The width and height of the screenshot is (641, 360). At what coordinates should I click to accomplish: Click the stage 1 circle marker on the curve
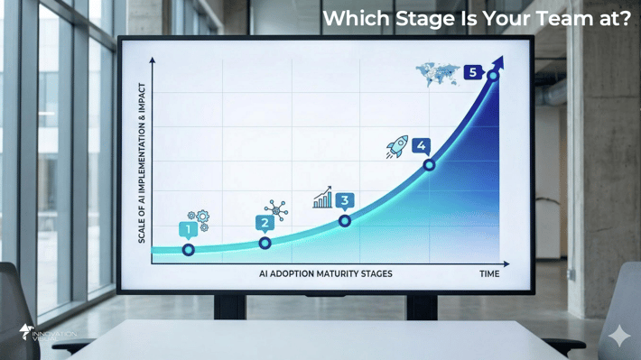tap(188, 250)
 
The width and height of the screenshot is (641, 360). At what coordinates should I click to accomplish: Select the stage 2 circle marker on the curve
tap(265, 244)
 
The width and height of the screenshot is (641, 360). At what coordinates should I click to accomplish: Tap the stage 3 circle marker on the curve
tap(345, 221)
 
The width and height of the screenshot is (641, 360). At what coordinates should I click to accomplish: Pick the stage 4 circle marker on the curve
tap(429, 165)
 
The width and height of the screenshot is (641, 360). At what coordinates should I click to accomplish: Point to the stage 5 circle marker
tap(493, 77)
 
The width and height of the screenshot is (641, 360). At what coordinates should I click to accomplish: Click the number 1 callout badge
tap(188, 231)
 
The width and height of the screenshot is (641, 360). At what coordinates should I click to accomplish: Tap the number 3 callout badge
tap(344, 201)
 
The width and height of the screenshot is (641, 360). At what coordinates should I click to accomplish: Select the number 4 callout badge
tap(421, 145)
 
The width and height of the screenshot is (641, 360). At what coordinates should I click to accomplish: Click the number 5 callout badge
tap(472, 71)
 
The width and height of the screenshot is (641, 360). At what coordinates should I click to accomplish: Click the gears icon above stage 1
tap(199, 219)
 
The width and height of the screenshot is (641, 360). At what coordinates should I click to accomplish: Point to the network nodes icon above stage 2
tap(276, 210)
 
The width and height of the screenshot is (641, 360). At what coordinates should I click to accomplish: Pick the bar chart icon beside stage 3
tap(322, 198)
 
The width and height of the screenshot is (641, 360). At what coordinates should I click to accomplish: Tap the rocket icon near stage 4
tap(396, 147)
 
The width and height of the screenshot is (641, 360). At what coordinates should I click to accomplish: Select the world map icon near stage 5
tap(438, 73)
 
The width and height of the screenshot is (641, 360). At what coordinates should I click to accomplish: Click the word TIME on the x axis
tap(488, 273)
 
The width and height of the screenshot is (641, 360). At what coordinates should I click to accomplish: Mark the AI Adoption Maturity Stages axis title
tap(326, 273)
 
